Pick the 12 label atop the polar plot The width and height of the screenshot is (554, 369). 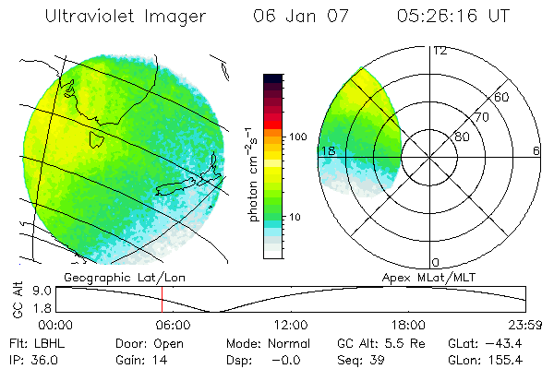coord(440,51)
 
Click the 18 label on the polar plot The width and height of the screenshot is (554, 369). coord(327,150)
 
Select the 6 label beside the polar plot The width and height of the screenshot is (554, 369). coord(536,150)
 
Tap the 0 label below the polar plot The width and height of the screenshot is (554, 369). coord(436,262)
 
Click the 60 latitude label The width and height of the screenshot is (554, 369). coord(502,97)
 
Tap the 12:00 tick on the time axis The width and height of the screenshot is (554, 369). coord(291,325)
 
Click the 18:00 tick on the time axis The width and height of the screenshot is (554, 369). coord(408,325)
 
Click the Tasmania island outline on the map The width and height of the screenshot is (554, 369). coord(94,139)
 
